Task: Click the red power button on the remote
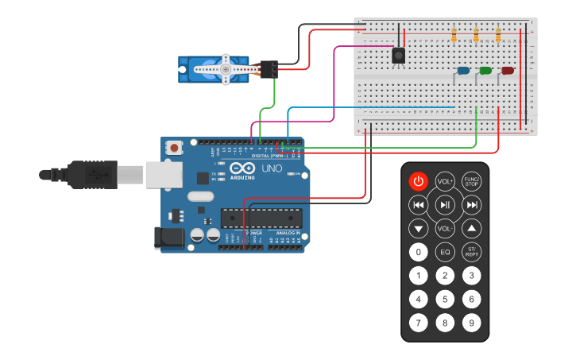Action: point(419,181)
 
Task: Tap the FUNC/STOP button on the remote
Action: point(472,181)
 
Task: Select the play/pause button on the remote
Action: point(445,205)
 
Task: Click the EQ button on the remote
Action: point(445,253)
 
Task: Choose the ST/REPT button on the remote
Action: point(472,253)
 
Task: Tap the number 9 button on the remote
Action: point(472,323)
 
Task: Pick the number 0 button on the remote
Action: point(419,253)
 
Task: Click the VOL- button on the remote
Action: point(445,229)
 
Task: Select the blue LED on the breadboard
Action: point(463,71)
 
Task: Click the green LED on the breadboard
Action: point(485,71)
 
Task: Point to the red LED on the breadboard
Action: point(508,71)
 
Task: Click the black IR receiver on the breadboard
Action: point(399,55)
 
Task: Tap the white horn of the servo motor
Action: point(226,69)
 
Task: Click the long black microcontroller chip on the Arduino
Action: point(261,218)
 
